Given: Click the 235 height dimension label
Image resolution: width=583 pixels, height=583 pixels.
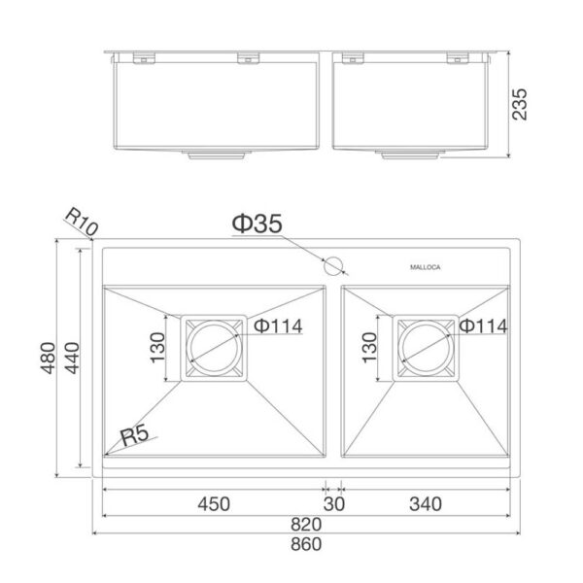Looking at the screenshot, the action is pyautogui.click(x=520, y=104).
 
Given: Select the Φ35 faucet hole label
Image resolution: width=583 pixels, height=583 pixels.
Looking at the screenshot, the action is pyautogui.click(x=257, y=223).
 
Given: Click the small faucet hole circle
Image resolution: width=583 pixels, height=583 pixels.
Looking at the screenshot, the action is pyautogui.click(x=333, y=266).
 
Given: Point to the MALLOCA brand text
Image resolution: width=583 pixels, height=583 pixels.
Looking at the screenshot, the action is pyautogui.click(x=426, y=267).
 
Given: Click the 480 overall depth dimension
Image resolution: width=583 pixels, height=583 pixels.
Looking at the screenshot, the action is pyautogui.click(x=48, y=358).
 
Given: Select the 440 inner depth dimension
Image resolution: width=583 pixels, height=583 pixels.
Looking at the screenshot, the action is pyautogui.click(x=72, y=358).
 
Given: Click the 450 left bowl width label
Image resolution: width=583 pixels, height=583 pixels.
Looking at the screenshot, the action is pyautogui.click(x=214, y=504).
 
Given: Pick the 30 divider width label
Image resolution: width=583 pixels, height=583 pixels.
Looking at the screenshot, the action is pyautogui.click(x=334, y=504).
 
